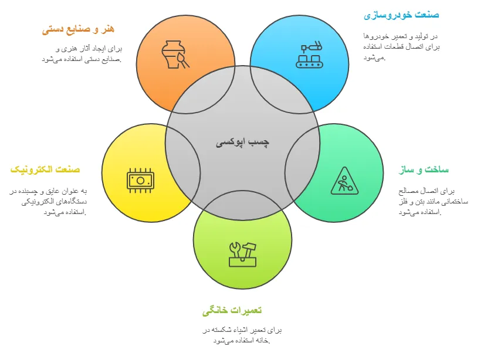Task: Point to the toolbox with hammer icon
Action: click(242, 253)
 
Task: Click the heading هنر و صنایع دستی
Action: click(78, 29)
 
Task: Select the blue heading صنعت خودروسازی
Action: click(401, 15)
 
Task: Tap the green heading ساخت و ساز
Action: click(423, 170)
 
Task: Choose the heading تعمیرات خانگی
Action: click(232, 310)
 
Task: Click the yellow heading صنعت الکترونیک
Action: click(45, 169)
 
